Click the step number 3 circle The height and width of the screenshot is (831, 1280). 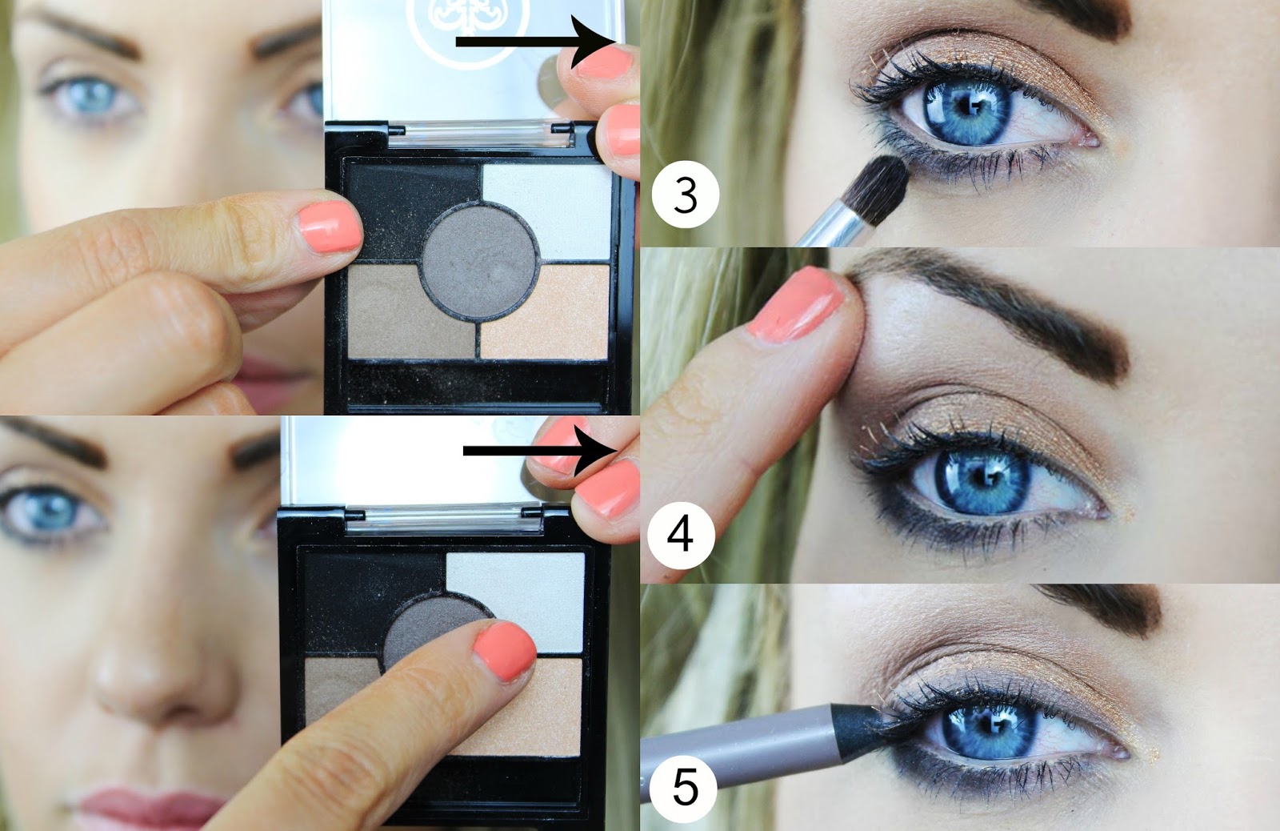pyautogui.click(x=686, y=195)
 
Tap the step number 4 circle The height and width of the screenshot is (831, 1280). pyautogui.click(x=681, y=536)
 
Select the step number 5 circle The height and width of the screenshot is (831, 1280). pyautogui.click(x=684, y=788)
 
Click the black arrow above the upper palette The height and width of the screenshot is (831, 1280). pyautogui.click(x=537, y=42)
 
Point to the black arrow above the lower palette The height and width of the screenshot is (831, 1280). pyautogui.click(x=540, y=452)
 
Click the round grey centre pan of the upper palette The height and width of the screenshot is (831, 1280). pyautogui.click(x=479, y=261)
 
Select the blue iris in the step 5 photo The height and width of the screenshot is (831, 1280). pyautogui.click(x=989, y=731)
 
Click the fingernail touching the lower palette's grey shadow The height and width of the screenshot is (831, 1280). pyautogui.click(x=505, y=652)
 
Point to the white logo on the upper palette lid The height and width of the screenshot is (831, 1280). pyautogui.click(x=467, y=29)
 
